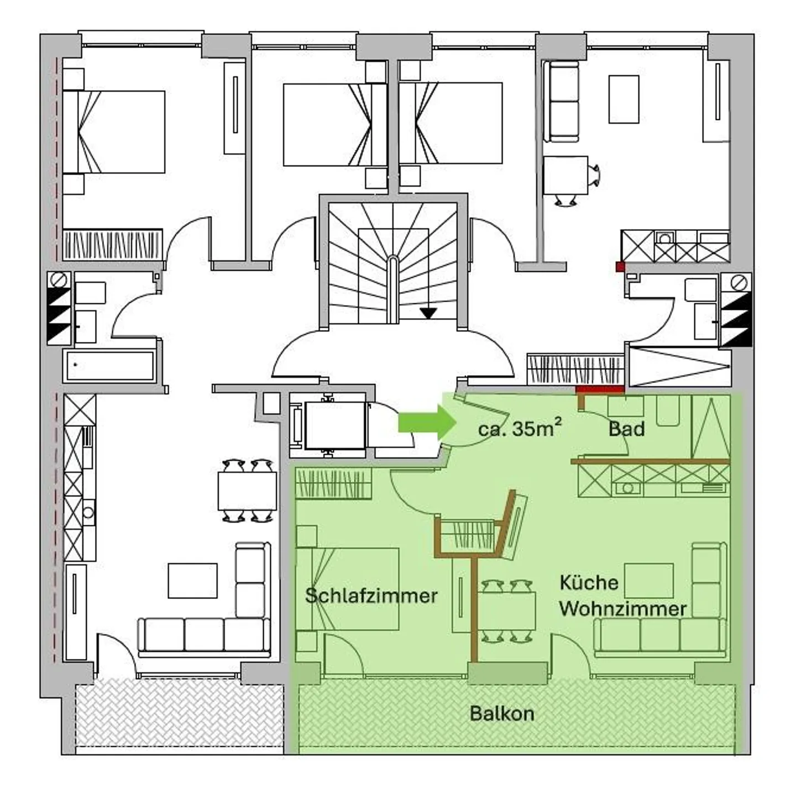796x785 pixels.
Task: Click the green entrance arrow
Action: [427, 423]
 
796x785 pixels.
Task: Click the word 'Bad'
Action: [626, 429]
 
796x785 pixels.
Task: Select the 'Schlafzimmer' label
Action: [371, 596]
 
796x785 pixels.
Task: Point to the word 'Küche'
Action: [589, 583]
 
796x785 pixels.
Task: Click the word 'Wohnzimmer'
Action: [622, 609]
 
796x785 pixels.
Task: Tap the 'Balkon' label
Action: [502, 714]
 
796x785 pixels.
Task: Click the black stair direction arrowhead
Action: [428, 313]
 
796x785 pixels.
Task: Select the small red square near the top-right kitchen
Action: [620, 266]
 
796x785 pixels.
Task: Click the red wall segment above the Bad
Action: [600, 389]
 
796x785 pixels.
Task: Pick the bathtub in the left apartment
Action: [109, 366]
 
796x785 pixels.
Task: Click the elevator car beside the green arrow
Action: [335, 425]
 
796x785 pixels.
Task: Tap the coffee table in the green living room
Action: [648, 581]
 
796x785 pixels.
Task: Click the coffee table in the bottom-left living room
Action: [192, 581]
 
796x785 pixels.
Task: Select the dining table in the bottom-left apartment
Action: [247, 491]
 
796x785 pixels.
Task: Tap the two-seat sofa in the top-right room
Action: [561, 101]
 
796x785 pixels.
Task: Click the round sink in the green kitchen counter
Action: [627, 488]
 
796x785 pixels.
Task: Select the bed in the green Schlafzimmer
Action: [348, 589]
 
